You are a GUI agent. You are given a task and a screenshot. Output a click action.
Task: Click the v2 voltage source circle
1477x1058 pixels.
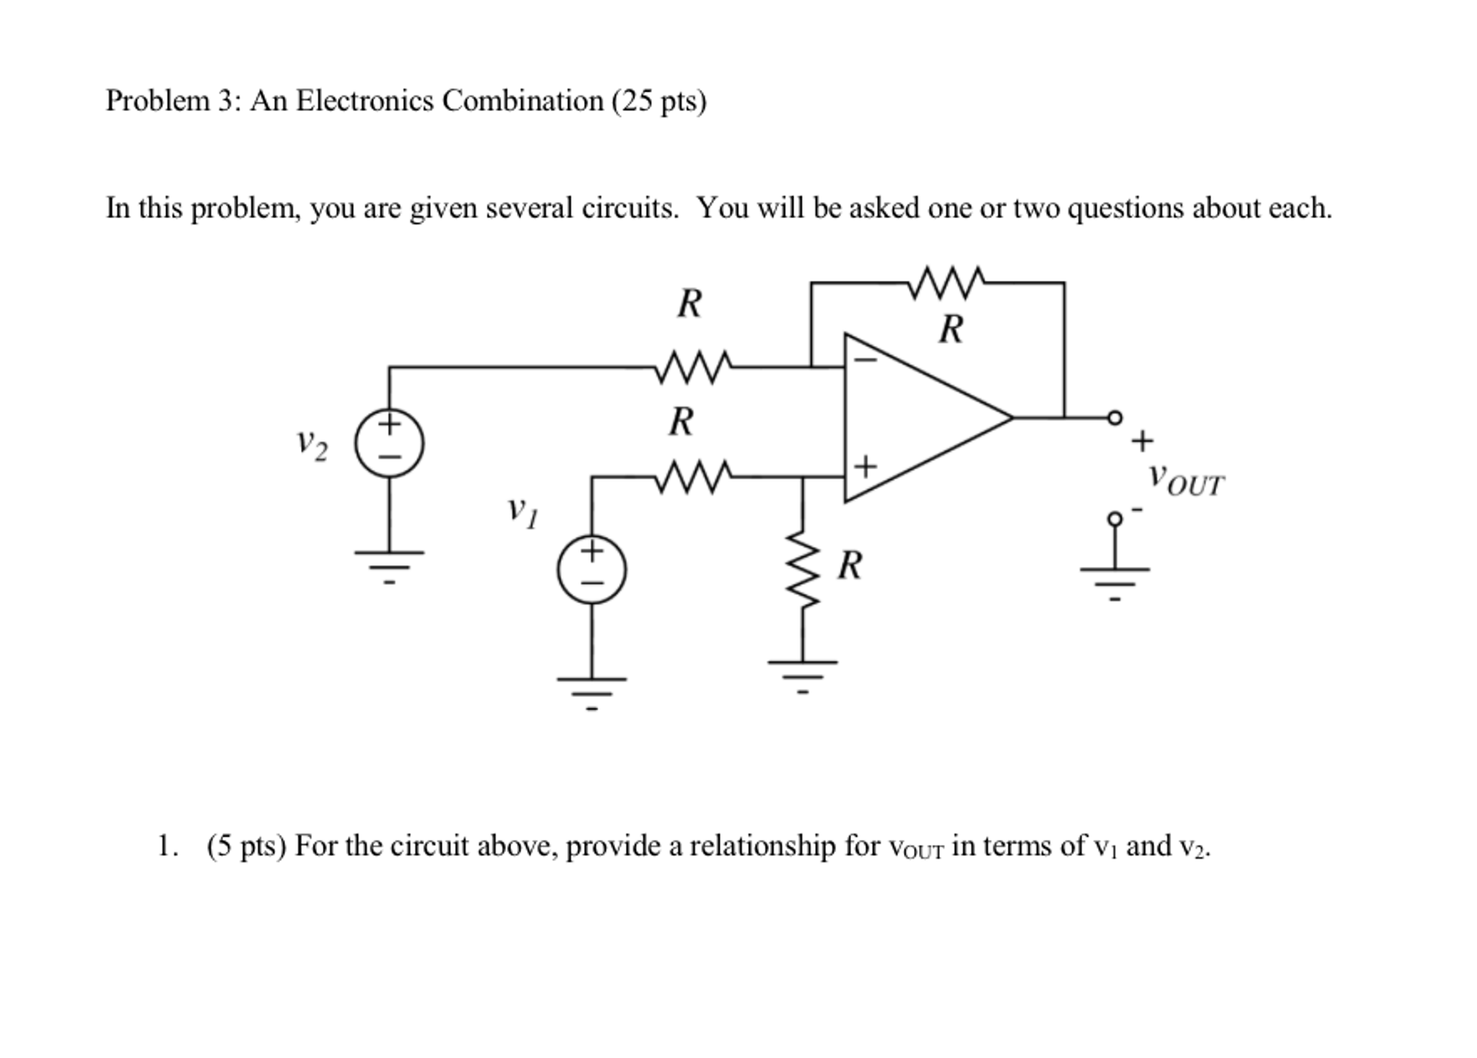point(388,442)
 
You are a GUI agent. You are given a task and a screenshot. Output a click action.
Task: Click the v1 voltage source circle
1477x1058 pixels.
point(591,569)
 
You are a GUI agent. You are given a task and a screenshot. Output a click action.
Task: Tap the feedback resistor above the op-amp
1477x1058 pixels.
point(946,282)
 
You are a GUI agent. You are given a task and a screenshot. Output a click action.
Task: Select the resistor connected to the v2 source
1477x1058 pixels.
point(693,367)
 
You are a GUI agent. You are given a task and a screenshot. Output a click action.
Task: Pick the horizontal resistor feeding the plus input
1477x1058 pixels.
point(693,477)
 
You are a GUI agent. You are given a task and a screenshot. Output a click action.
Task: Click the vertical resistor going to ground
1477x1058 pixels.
point(802,570)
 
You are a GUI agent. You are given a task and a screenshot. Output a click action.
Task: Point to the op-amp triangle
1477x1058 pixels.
point(917,418)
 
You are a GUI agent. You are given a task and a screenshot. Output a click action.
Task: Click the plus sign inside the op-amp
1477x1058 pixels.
point(865,466)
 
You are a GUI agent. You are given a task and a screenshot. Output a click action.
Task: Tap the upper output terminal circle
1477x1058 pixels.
point(1115,417)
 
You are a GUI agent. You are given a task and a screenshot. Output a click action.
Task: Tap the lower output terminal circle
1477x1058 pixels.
point(1115,518)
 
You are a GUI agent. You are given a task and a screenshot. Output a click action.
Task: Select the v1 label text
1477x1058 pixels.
point(522,511)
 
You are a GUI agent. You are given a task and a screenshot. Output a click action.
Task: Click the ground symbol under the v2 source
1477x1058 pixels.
point(388,564)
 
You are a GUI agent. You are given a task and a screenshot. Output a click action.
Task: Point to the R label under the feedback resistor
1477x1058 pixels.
point(951,330)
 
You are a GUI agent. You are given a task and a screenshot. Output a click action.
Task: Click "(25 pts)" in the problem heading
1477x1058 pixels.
point(659,101)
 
